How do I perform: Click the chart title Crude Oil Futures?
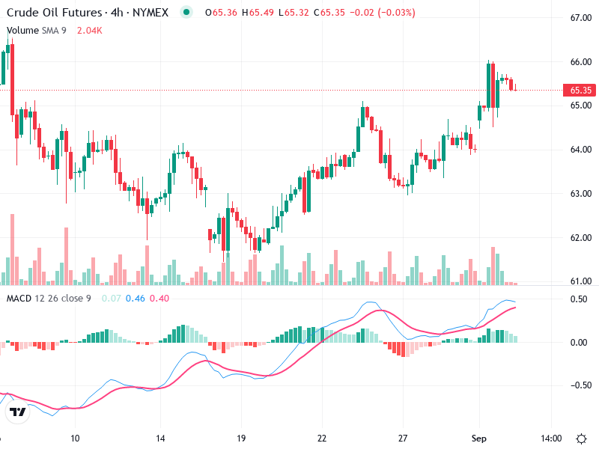click(54, 13)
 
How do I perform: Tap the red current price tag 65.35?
click(581, 91)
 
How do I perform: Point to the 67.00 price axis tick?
click(581, 18)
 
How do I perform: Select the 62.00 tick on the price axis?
click(581, 238)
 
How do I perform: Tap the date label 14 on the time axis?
click(159, 437)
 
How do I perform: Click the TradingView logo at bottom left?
click(18, 412)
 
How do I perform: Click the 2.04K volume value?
click(88, 31)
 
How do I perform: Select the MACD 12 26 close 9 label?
click(49, 299)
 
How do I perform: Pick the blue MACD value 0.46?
click(136, 299)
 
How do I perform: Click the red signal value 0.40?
click(159, 299)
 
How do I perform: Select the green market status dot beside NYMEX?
click(186, 12)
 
